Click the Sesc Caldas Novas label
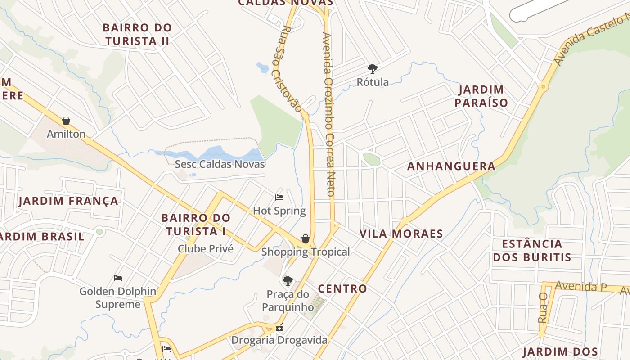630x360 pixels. click(220, 164)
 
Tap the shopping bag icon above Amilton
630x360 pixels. click(66, 121)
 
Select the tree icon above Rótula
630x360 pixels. click(372, 69)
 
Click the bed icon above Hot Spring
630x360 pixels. click(279, 197)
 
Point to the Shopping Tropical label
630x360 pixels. click(306, 252)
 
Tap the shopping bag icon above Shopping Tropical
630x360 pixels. click(306, 238)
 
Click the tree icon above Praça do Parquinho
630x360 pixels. click(288, 281)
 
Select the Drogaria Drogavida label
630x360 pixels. click(279, 340)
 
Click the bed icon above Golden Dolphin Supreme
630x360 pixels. click(118, 278)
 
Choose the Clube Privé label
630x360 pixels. click(206, 249)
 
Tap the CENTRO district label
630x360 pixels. click(342, 289)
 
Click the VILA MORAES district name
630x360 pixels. click(401, 234)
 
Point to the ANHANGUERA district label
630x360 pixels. click(451, 166)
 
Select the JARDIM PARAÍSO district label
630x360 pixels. click(481, 96)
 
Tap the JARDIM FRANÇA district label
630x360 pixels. click(68, 201)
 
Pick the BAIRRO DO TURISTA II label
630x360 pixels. click(137, 34)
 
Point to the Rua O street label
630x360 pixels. click(543, 307)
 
